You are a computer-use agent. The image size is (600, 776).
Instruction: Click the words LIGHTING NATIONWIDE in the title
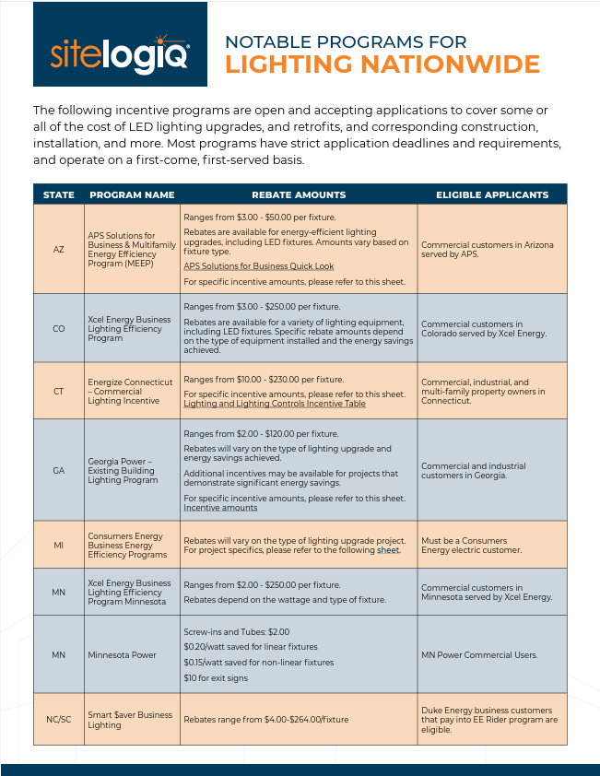(x=382, y=65)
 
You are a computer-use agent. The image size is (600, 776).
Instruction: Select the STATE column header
(x=59, y=195)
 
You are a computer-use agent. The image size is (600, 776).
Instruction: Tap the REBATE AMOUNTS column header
(x=299, y=195)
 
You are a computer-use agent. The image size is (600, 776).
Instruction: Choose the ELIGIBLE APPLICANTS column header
(x=492, y=195)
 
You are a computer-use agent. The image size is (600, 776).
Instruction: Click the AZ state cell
(x=59, y=250)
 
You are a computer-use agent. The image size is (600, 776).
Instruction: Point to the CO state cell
(x=59, y=329)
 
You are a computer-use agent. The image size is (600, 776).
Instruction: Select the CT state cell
(x=59, y=391)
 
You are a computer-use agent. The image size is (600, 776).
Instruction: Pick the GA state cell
(x=59, y=470)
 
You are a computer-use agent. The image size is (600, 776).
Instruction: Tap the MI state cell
(x=59, y=545)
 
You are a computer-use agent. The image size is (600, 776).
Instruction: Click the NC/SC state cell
(x=59, y=719)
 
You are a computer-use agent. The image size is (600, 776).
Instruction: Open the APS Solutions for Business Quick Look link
(x=259, y=266)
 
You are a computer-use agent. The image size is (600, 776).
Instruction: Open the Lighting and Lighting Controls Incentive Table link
(x=275, y=404)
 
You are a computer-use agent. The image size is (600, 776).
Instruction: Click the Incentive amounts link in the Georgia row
(x=220, y=508)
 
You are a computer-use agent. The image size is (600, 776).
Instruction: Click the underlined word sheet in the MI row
(x=388, y=550)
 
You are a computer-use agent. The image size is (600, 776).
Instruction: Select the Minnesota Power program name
(x=123, y=655)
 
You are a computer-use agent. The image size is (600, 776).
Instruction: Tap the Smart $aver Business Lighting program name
(x=130, y=719)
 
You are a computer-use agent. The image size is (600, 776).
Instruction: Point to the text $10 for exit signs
(x=216, y=678)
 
